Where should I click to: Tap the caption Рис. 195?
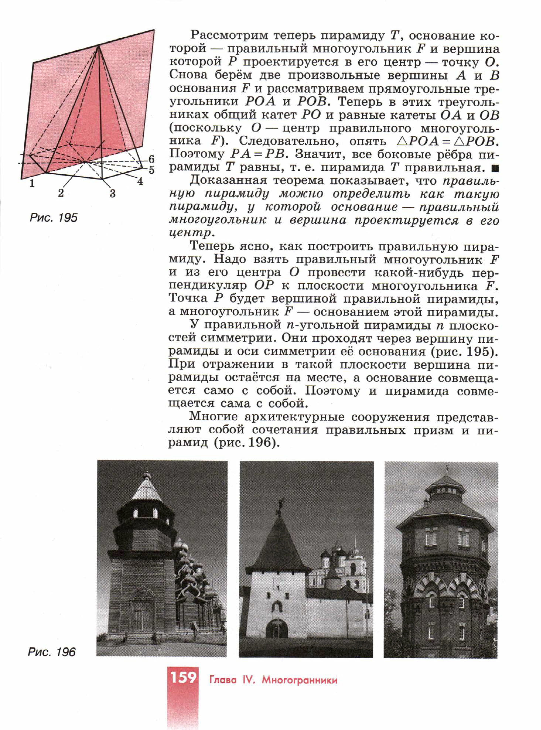[54, 218]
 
